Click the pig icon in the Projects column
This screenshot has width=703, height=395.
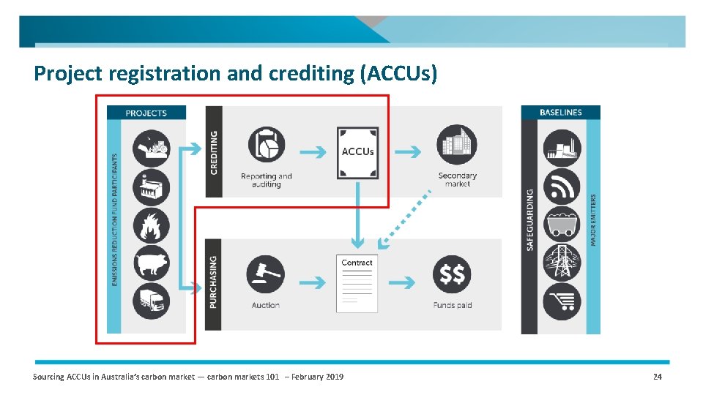[151, 263]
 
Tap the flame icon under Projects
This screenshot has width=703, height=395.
[151, 225]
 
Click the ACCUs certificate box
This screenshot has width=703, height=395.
[357, 153]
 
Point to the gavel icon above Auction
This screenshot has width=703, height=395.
[265, 274]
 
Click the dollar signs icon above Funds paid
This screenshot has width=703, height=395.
[452, 274]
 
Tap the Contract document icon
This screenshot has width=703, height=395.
[357, 284]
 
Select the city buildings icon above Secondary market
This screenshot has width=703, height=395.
[456, 144]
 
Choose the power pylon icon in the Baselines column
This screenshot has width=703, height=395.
[562, 263]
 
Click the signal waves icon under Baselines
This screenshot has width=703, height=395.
[562, 187]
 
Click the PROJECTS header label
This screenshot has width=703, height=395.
[146, 113]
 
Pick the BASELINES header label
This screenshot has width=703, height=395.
[561, 113]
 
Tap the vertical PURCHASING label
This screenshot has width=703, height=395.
[213, 282]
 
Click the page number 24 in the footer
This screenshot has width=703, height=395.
[657, 377]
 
